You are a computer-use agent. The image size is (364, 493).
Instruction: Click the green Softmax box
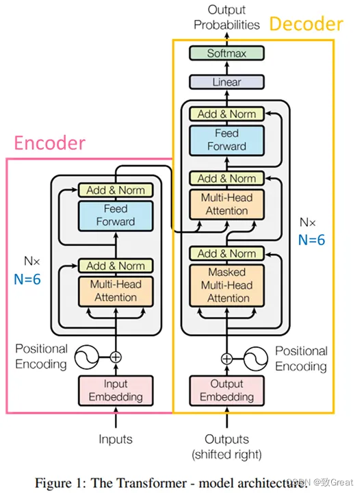226,53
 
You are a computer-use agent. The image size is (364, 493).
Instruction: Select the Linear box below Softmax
226,82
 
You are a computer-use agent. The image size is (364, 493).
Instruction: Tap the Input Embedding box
116,390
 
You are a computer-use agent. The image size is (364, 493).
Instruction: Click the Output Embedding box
226,390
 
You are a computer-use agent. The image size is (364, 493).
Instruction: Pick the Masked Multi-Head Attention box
226,285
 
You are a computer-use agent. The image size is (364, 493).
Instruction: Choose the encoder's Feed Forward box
116,216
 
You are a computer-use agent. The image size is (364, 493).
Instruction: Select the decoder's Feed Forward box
226,140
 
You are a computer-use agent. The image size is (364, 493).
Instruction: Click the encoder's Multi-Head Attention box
116,291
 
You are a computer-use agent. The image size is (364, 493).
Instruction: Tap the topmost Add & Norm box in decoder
226,114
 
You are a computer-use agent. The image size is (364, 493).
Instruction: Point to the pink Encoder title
50,142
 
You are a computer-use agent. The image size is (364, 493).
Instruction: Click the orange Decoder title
307,24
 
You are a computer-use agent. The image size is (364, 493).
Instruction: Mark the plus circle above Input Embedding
116,357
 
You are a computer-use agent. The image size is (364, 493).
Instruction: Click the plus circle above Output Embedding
226,359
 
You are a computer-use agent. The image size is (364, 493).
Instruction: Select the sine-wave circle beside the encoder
86,357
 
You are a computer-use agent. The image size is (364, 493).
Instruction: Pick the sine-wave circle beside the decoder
256,359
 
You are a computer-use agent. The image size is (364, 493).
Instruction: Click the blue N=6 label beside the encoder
27,279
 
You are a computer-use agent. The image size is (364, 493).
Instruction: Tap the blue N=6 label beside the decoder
311,240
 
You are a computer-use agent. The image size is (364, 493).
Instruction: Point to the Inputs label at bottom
116,439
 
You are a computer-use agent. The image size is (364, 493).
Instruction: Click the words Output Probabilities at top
226,17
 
